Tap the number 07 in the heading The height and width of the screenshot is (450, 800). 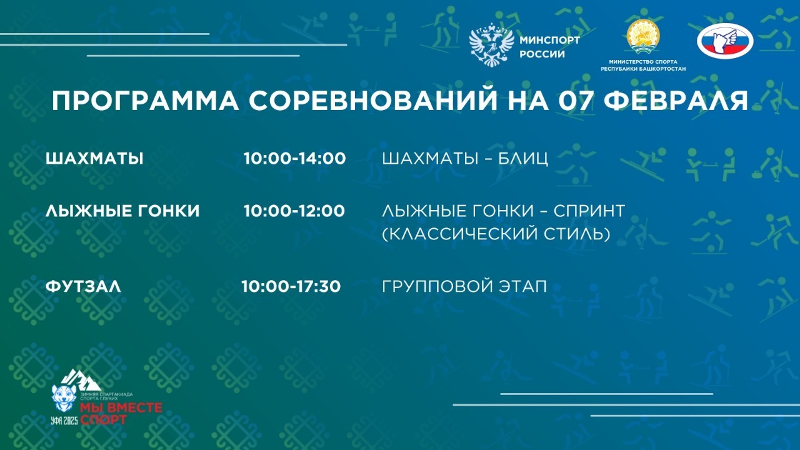(579, 101)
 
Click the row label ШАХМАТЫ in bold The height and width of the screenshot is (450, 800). (94, 159)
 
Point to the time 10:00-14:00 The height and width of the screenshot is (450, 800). (294, 159)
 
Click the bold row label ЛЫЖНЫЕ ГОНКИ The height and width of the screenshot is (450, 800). (122, 211)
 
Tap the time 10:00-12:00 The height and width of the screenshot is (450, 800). (294, 211)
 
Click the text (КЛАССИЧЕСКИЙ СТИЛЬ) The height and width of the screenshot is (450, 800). (496, 234)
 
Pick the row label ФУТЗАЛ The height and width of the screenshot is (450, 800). (83, 287)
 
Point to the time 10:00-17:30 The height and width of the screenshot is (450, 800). (291, 287)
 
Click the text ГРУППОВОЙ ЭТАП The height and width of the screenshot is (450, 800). (464, 287)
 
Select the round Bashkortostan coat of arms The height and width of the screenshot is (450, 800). (643, 36)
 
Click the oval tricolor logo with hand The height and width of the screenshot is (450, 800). (725, 41)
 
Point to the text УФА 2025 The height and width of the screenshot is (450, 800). (65, 419)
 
